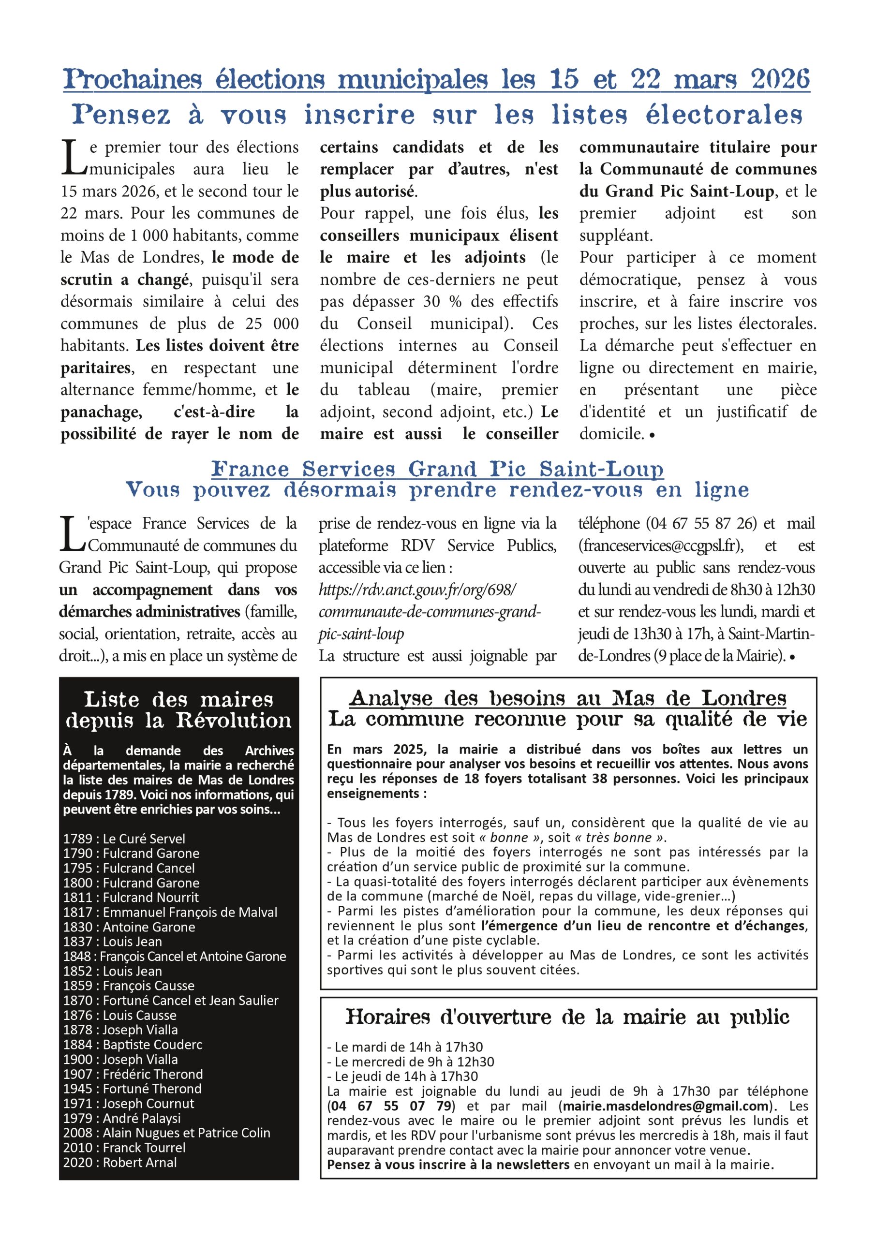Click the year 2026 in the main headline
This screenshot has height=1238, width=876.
pyautogui.click(x=780, y=79)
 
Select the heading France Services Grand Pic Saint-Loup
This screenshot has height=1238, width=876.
pyautogui.click(x=437, y=469)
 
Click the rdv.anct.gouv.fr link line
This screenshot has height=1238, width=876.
pyautogui.click(x=417, y=590)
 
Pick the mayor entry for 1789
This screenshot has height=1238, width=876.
pyautogui.click(x=124, y=839)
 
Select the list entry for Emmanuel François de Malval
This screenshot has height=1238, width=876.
pyautogui.click(x=170, y=913)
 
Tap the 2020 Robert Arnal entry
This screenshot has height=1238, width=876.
pyautogui.click(x=120, y=1162)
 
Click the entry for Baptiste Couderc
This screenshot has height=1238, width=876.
pyautogui.click(x=133, y=1045)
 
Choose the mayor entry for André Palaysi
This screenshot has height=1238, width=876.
pyautogui.click(x=122, y=1118)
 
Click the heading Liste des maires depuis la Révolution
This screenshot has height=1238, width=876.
pyautogui.click(x=178, y=710)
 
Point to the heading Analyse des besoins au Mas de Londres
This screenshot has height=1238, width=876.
pyautogui.click(x=567, y=698)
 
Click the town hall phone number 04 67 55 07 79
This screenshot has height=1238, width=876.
pyautogui.click(x=391, y=1106)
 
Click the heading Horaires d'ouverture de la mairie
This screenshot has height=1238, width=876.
pyautogui.click(x=567, y=1017)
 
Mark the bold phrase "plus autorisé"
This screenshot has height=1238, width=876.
pyautogui.click(x=367, y=192)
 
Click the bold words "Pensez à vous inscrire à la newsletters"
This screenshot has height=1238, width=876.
pyautogui.click(x=448, y=1164)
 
